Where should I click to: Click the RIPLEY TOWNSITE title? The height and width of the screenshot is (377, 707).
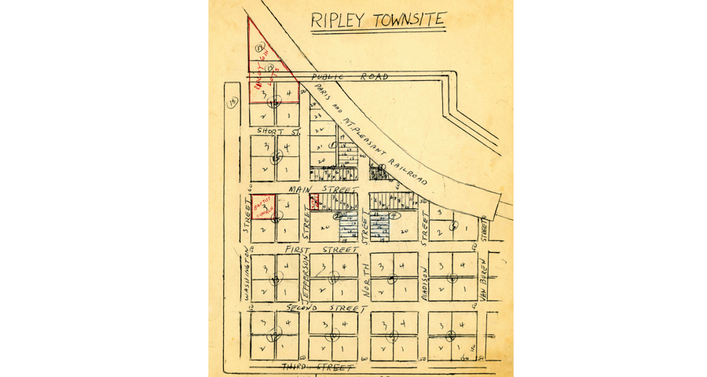[378, 20]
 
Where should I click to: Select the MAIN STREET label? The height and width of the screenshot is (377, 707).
[323, 189]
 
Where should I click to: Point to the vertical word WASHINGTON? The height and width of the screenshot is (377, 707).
[246, 276]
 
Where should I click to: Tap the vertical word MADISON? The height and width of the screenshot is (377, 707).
[423, 282]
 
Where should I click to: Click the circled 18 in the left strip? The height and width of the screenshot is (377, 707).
[232, 102]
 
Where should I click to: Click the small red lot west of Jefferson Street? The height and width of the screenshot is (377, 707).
[314, 202]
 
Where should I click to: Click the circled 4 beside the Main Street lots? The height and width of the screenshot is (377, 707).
[395, 214]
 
